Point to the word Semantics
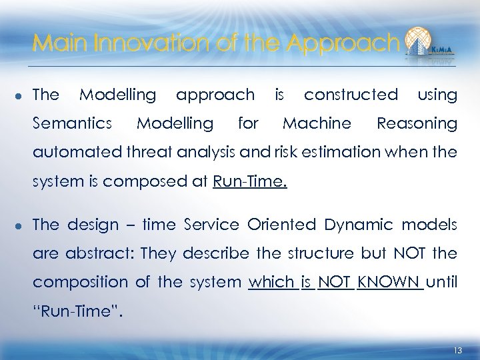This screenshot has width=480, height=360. click(x=72, y=123)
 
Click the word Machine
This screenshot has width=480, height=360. click(x=317, y=123)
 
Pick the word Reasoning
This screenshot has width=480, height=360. click(x=417, y=124)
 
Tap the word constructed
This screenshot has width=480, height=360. click(x=351, y=95)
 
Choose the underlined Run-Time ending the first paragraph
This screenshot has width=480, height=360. click(x=250, y=181)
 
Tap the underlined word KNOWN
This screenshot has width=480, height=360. click(x=391, y=282)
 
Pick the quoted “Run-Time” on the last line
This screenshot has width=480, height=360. click(x=77, y=311)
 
